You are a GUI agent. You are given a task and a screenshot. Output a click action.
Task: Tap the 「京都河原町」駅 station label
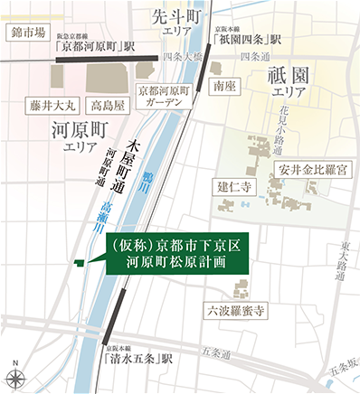click(90, 43)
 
